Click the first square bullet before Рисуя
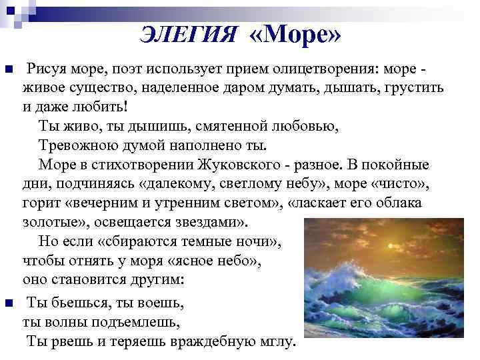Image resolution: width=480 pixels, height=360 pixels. pyautogui.click(x=9, y=70)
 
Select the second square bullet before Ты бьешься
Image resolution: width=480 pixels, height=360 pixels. pyautogui.click(x=9, y=304)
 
